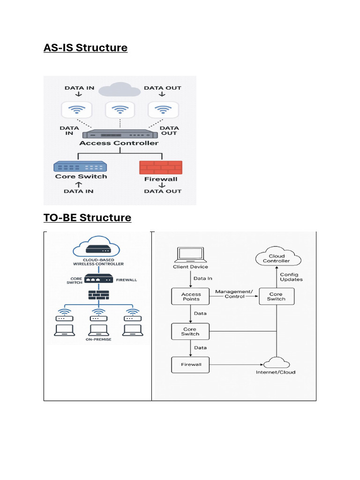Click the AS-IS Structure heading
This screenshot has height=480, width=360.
85,48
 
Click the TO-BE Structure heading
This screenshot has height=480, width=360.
87,218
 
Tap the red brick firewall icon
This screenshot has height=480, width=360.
160,167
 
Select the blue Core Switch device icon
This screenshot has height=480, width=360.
80,166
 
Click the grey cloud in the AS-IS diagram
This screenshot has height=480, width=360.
120,89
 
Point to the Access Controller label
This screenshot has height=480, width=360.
119,143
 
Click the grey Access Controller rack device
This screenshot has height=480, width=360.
120,134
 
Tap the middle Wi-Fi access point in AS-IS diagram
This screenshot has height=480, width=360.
120,111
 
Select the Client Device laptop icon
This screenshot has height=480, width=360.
190,255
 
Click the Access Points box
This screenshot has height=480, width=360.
191,296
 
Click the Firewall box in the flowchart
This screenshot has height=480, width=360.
191,364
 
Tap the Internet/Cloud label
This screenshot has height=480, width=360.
276,372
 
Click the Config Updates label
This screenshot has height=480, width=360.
291,277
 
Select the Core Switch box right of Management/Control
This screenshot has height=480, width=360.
276,296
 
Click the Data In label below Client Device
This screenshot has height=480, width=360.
203,278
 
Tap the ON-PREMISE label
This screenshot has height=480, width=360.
98,339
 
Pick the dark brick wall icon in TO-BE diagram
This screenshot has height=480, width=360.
98,295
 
